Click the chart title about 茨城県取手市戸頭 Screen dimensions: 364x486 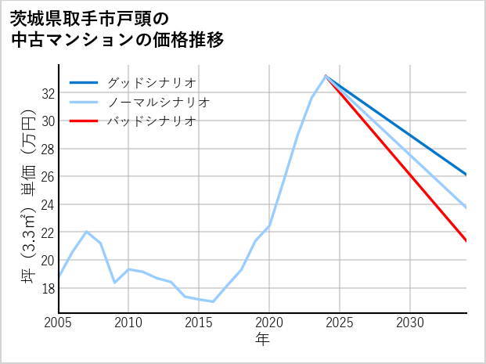pos(117,28)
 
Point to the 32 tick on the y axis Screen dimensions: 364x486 pos(48,93)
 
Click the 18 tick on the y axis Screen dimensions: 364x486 pos(48,288)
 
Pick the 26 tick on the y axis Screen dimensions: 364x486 pos(48,177)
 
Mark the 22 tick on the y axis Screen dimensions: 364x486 pos(48,232)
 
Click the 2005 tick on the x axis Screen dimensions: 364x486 pos(59,323)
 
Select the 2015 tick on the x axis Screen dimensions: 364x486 pos(199,323)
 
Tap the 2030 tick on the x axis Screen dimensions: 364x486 pos(410,323)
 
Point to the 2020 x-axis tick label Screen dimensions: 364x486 pos(269,323)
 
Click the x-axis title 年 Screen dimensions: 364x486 pos(262,340)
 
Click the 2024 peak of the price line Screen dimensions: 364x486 pos(326,76)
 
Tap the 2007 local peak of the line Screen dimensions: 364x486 pos(86,232)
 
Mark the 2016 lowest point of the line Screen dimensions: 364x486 pos(213,301)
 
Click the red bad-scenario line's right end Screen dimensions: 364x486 pos(466,241)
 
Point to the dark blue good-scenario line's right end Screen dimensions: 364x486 pos(466,175)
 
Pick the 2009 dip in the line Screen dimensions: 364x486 pos(114,283)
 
